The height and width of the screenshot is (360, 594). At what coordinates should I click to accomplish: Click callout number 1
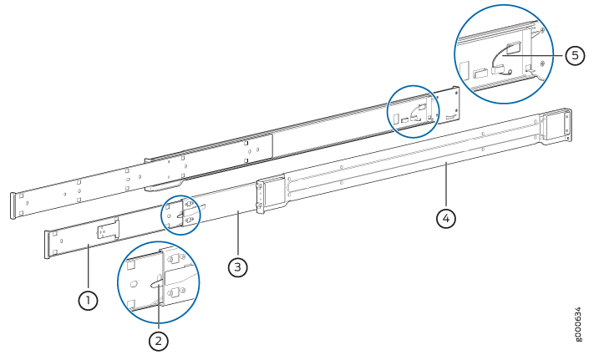click(x=88, y=301)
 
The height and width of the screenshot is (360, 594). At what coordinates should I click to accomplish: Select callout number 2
click(x=159, y=341)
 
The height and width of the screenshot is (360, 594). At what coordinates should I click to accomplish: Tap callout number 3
click(x=237, y=267)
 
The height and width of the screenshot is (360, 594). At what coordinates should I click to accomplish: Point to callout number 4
click(x=446, y=219)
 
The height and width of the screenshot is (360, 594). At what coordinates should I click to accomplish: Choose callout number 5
click(x=575, y=56)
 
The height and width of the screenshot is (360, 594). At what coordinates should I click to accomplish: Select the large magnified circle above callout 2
click(x=159, y=241)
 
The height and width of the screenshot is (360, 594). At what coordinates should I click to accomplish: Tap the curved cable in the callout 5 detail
click(x=498, y=57)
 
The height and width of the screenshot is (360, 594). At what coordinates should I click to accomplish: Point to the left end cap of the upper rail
click(x=13, y=205)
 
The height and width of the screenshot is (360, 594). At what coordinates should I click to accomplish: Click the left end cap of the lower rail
click(x=48, y=245)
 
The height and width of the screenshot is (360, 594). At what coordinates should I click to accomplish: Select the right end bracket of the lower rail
click(x=556, y=126)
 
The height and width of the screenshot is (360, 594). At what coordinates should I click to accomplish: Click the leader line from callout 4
click(x=446, y=185)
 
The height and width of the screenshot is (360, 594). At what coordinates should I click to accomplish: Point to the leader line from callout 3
click(x=237, y=234)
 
